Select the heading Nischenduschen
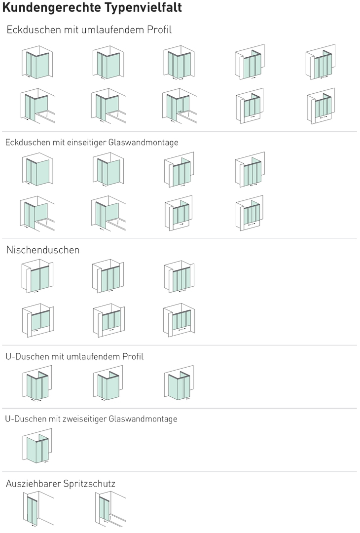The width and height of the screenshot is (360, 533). pos(43,250)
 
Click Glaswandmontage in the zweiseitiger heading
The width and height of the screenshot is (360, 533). pos(143,419)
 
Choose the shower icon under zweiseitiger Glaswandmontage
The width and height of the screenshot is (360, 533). pos(37,446)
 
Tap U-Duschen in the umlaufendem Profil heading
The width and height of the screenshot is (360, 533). pos(27,356)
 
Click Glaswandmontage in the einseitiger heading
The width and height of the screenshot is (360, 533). pos(144,142)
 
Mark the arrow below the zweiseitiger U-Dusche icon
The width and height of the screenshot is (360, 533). pos(46,461)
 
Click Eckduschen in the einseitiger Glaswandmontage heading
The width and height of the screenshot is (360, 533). pos(28,142)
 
